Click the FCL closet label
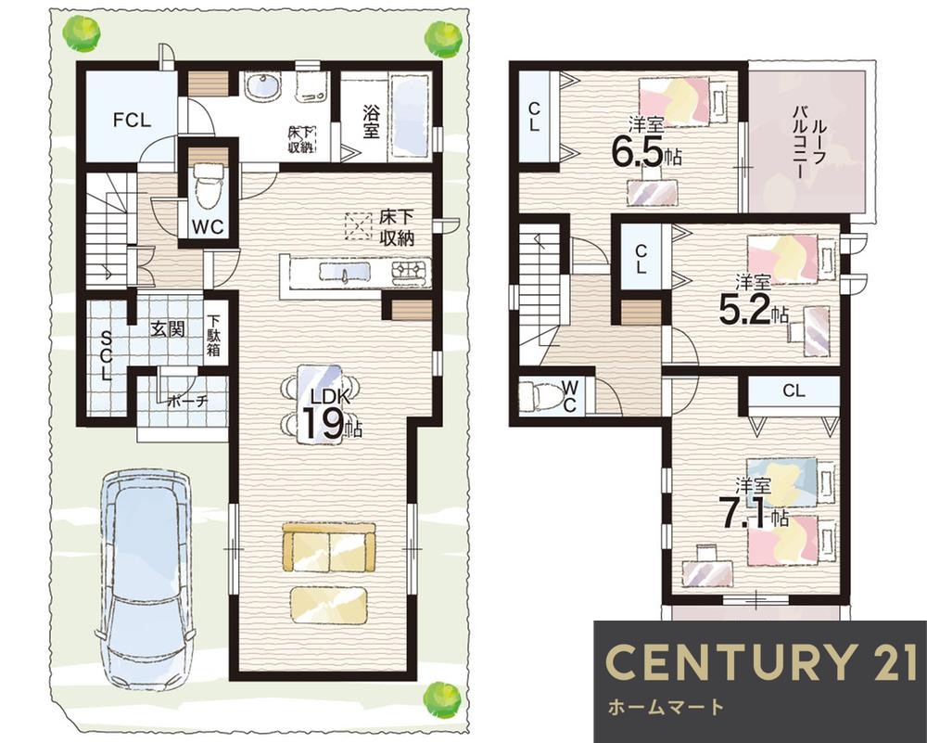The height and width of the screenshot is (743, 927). pyautogui.click(x=133, y=121)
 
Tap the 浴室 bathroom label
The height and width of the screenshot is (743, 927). pyautogui.click(x=371, y=122)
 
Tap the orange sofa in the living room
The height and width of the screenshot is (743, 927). pyautogui.click(x=329, y=547)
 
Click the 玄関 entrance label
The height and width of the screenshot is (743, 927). pyautogui.click(x=167, y=329)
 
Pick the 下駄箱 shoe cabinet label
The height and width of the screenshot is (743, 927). pyautogui.click(x=213, y=336)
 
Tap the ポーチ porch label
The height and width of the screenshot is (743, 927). pyautogui.click(x=187, y=401)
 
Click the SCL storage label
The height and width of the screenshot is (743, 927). pyautogui.click(x=107, y=355)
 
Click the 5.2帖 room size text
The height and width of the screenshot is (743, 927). pyautogui.click(x=753, y=310)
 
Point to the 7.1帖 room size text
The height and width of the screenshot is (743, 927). pyautogui.click(x=753, y=512)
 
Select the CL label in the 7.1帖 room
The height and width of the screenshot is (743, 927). pyautogui.click(x=794, y=391)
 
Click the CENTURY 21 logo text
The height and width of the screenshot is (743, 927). pyautogui.click(x=761, y=661)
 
